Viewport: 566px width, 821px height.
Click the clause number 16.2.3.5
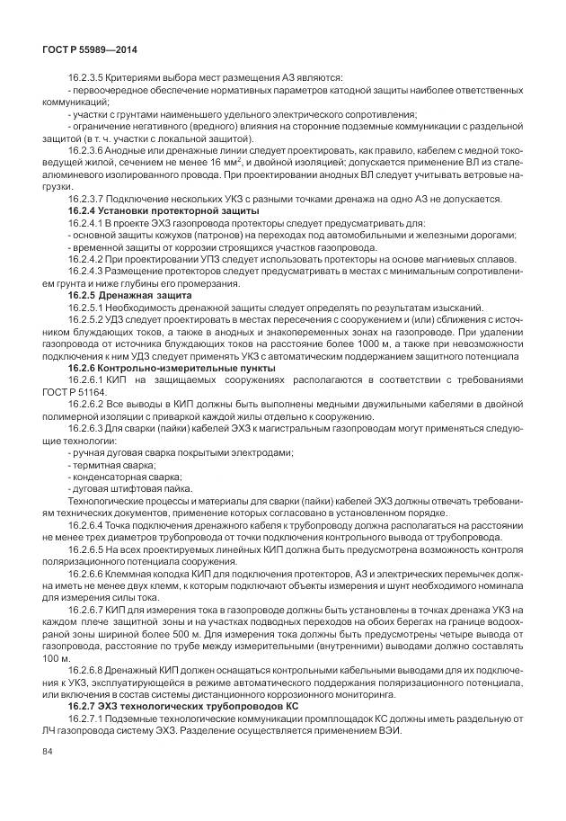click(87, 78)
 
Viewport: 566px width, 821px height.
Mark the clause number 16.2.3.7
click(87, 198)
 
